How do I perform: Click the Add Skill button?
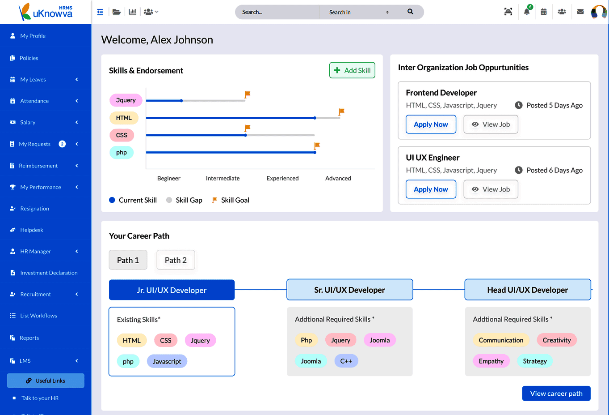point(352,70)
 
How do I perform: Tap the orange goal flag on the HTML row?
point(341,112)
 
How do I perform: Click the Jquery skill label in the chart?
point(126,100)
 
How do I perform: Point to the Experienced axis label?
point(282,178)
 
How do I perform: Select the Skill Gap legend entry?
point(185,200)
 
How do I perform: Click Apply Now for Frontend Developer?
point(431,124)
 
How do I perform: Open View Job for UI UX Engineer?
point(491,189)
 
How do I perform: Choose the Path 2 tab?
point(176,260)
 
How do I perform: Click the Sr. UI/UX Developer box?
point(350,290)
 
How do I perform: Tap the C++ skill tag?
point(346,361)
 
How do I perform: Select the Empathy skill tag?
point(491,361)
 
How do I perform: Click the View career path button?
point(556,393)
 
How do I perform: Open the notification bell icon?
point(527,12)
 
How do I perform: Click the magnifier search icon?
point(410,12)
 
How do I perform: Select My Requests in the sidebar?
point(34,144)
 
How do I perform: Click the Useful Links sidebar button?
point(46,381)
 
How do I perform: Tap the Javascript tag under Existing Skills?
point(167,361)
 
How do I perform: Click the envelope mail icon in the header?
point(580,12)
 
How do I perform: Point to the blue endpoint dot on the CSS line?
point(245,135)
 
